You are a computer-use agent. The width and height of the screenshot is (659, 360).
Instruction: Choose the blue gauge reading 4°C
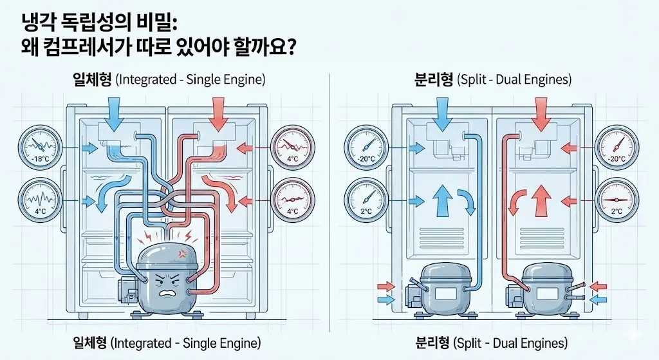pos(41,200)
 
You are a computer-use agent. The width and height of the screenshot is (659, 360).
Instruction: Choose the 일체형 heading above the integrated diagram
pos(93,80)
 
